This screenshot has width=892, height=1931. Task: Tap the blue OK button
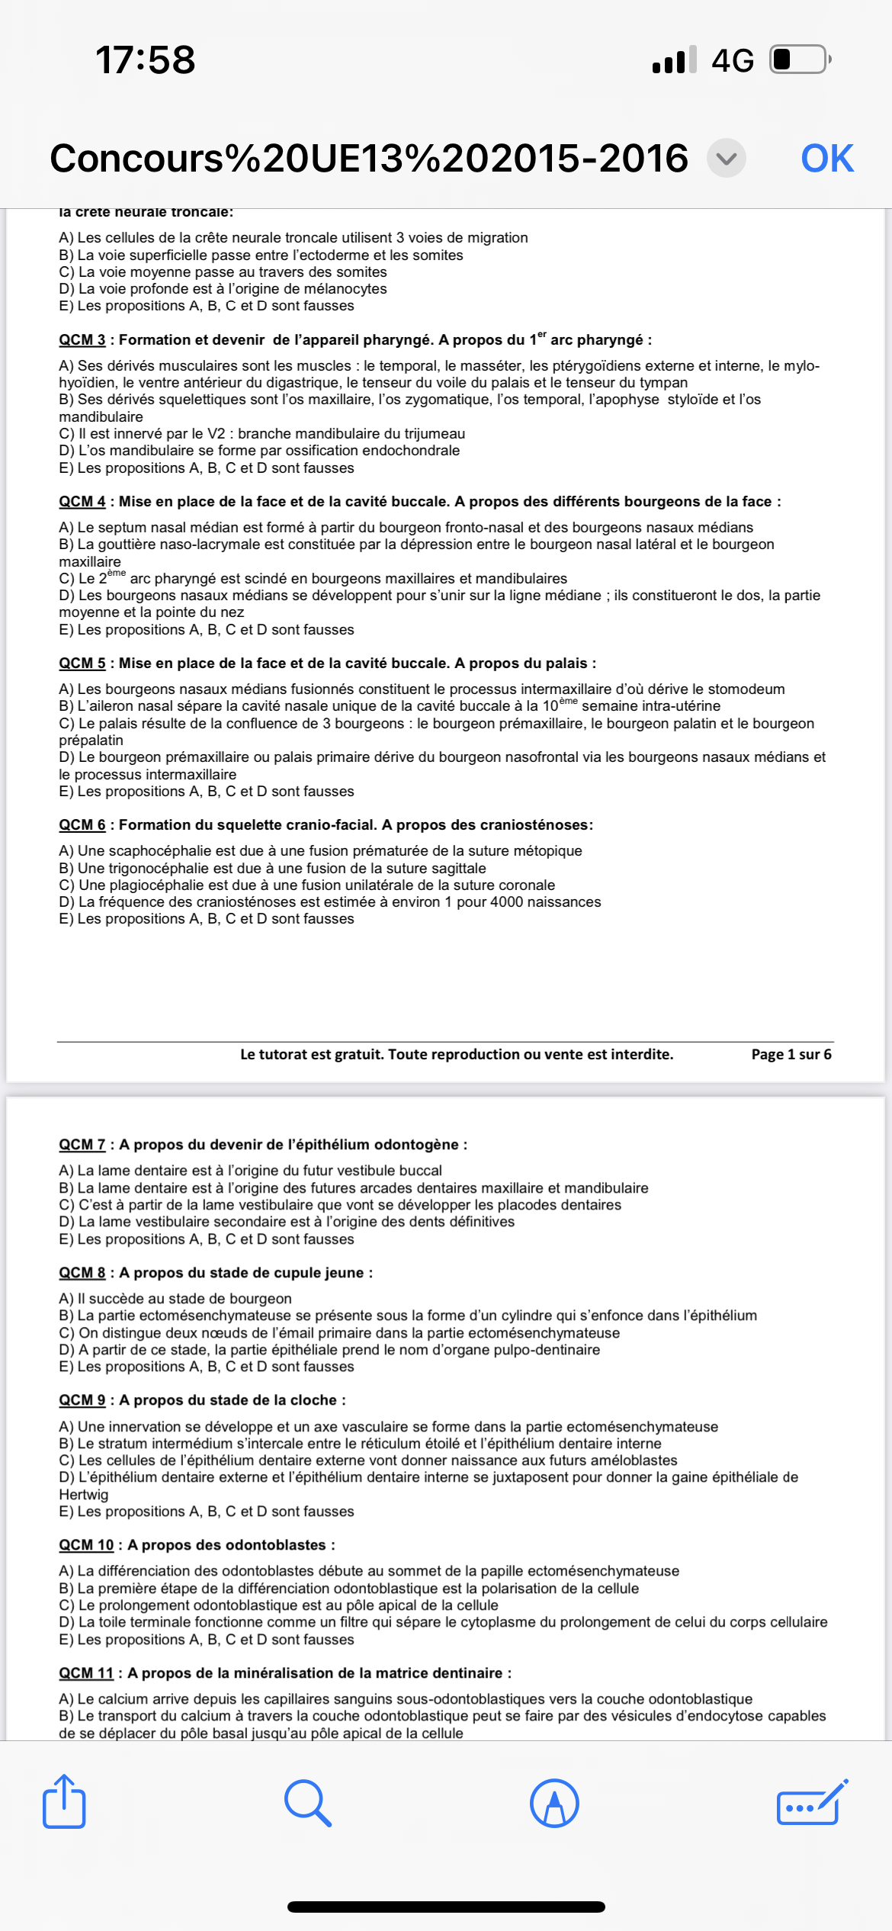pos(826,159)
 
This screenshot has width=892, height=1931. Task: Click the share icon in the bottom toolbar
pos(64,1803)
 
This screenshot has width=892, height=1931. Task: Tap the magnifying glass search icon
pos(307,1803)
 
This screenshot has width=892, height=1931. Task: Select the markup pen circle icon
pos(554,1803)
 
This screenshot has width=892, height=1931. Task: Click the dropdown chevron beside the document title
pos(726,159)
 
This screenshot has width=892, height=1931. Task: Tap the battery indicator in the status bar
pos(799,59)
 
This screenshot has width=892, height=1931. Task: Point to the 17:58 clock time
pos(146,59)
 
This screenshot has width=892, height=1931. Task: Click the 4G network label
pos(733,60)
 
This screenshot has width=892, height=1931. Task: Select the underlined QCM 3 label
pos(82,340)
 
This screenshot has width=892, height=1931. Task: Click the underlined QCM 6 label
pos(82,825)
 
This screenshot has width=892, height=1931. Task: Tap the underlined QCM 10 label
pos(86,1545)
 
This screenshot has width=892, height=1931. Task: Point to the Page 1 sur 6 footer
pos(791,1055)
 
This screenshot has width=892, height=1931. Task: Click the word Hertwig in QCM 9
pos(84,1495)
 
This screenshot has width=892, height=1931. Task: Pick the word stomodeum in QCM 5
pos(746,689)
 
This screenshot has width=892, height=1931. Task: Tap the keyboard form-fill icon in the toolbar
pos(810,1803)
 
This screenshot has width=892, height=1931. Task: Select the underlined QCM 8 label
pos(82,1273)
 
